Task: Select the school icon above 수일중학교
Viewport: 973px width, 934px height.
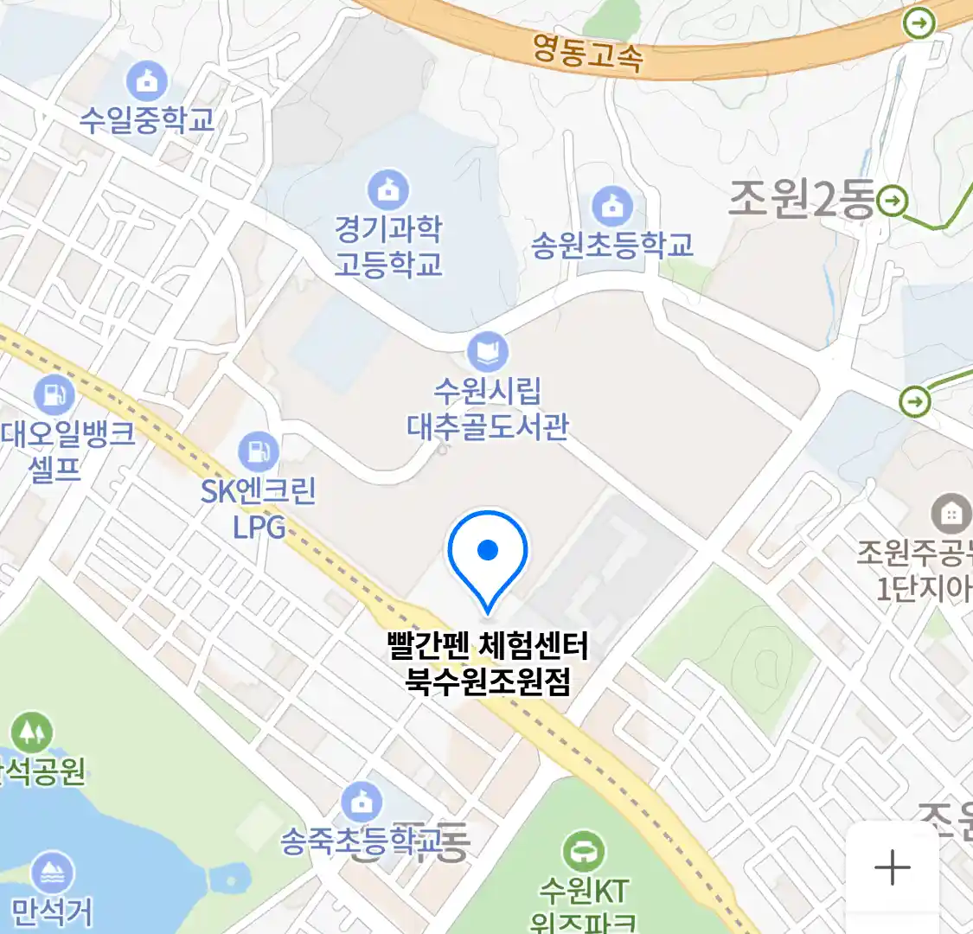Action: point(147,81)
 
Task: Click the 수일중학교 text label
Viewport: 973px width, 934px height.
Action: point(147,119)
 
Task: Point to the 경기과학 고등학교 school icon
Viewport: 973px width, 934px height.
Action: point(388,189)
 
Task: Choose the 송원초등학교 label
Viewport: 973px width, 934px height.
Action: point(612,245)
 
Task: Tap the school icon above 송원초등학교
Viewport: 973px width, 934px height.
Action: point(612,206)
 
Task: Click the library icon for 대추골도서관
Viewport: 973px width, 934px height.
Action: point(488,352)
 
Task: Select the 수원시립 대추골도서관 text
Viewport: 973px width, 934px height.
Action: point(488,408)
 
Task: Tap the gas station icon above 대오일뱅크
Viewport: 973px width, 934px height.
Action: point(54,395)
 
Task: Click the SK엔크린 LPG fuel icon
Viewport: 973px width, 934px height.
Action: point(258,451)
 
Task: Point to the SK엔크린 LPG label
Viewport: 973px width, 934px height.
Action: point(259,508)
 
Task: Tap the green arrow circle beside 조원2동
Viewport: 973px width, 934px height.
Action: point(893,202)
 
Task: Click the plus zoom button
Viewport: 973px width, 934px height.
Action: point(892,867)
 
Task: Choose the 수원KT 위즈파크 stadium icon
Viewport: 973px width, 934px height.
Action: point(584,852)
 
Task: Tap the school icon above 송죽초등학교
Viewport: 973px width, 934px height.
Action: point(362,803)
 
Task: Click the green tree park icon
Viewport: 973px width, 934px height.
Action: point(31,732)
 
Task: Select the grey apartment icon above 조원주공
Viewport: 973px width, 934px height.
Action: point(951,515)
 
